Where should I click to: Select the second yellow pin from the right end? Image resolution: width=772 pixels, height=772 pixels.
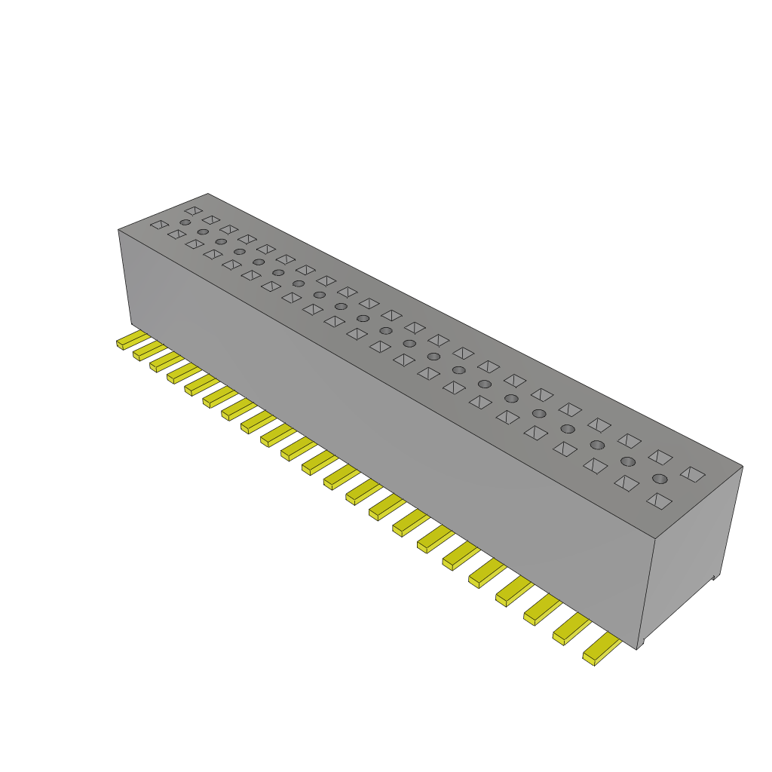click(x=571, y=630)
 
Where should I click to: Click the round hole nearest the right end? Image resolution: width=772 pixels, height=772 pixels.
click(x=660, y=479)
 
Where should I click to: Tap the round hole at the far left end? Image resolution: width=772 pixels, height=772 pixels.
click(x=185, y=223)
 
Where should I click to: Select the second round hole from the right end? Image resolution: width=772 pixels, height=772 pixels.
click(x=627, y=461)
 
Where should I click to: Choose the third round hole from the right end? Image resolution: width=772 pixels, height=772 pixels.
click(x=597, y=445)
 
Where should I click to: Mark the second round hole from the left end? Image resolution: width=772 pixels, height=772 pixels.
click(x=203, y=232)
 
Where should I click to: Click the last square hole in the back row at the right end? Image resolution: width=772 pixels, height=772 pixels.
click(x=692, y=473)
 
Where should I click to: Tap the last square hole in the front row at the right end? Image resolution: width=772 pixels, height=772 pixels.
click(x=659, y=501)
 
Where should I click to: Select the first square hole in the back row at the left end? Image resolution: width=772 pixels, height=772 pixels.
click(x=194, y=210)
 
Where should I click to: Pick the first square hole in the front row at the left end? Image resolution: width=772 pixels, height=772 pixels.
click(x=158, y=225)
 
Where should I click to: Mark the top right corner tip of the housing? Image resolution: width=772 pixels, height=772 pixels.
click(x=743, y=467)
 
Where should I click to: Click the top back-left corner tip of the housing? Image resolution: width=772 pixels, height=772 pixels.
click(x=207, y=194)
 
